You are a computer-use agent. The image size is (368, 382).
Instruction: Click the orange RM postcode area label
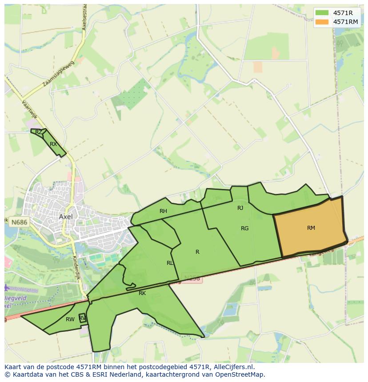click(311, 228)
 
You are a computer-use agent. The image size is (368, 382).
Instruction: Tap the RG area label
click(244, 228)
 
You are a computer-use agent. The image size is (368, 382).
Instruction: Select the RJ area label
click(240, 208)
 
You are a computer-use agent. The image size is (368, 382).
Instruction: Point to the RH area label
click(163, 211)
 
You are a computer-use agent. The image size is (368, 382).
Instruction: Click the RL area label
click(170, 263)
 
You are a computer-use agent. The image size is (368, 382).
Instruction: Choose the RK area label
click(142, 293)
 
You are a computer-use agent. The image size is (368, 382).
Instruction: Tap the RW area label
click(70, 319)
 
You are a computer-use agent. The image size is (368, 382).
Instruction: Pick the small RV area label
click(82, 318)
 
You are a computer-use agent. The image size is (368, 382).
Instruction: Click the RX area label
click(53, 144)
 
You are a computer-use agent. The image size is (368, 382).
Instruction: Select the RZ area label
click(39, 132)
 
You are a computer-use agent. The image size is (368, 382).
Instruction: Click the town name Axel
click(66, 217)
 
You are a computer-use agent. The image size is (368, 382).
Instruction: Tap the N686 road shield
click(19, 221)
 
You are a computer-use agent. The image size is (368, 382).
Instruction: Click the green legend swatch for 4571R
click(322, 13)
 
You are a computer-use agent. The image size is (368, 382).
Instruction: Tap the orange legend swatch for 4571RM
click(322, 22)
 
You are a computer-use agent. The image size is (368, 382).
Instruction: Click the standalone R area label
click(197, 252)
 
